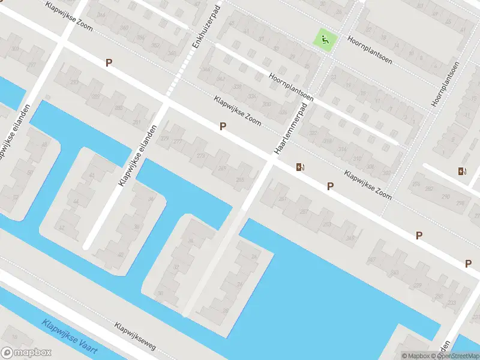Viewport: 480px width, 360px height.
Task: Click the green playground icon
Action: tap(325, 40)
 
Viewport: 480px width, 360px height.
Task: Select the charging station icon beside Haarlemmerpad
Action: tap(299, 167)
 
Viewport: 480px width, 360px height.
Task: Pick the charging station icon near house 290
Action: tap(462, 171)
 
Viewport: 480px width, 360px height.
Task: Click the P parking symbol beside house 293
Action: tap(109, 62)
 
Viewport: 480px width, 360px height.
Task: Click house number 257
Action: tap(304, 212)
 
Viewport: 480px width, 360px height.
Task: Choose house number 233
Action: tap(451, 302)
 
